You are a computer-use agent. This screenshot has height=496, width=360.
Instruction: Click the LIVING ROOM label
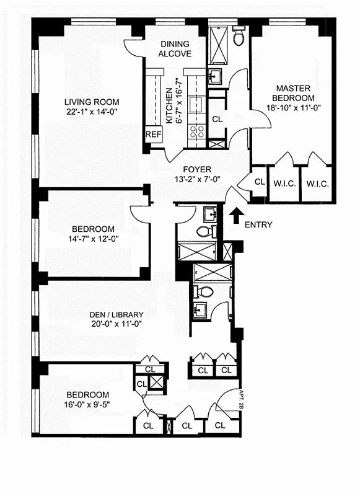pyautogui.click(x=92, y=102)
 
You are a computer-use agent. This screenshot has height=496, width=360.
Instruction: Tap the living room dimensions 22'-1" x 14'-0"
pyautogui.click(x=92, y=113)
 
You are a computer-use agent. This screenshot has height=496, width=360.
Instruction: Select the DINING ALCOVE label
pyautogui.click(x=175, y=49)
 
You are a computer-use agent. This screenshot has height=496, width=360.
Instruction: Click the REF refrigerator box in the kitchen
pyautogui.click(x=153, y=134)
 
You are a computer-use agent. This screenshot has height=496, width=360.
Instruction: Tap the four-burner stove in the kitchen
pyautogui.click(x=197, y=130)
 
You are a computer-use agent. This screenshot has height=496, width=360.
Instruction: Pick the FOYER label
pyautogui.click(x=196, y=169)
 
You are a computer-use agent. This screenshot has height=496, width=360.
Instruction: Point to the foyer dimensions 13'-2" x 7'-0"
pyautogui.click(x=196, y=180)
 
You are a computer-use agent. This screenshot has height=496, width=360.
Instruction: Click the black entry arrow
pyautogui.click(x=236, y=216)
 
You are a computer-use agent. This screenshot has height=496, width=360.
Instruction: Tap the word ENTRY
pyautogui.click(x=258, y=225)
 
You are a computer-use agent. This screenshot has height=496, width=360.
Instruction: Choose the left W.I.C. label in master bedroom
pyautogui.click(x=284, y=184)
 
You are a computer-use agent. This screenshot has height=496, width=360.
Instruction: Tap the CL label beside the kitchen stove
pyautogui.click(x=217, y=119)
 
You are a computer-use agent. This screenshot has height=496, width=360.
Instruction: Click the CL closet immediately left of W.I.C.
pyautogui.click(x=260, y=182)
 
